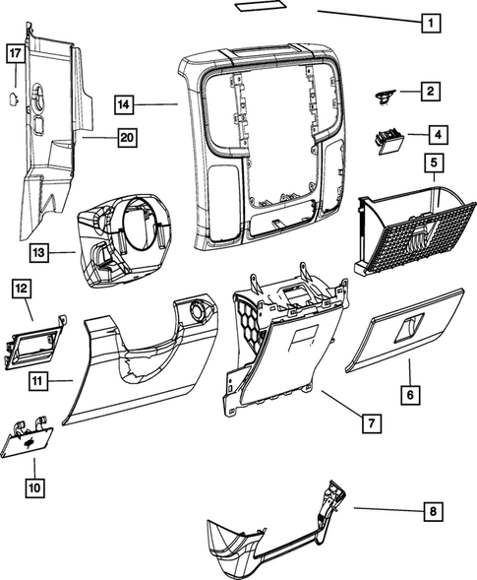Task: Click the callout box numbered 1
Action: pos(429,20)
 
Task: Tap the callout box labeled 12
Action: pos(22,288)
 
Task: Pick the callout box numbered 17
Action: pos(16,53)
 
